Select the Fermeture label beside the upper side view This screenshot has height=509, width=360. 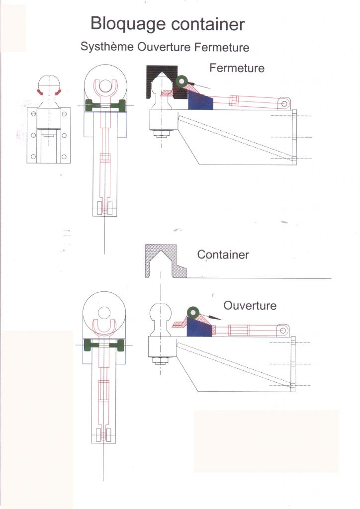pyautogui.click(x=237, y=68)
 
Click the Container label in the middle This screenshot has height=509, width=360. pyautogui.click(x=223, y=254)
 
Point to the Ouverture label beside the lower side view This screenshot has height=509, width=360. pyautogui.click(x=250, y=305)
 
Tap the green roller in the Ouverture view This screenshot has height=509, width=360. pyautogui.click(x=192, y=313)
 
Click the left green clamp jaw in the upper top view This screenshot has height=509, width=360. pyautogui.click(x=90, y=106)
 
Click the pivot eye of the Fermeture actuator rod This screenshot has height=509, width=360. pyautogui.click(x=284, y=103)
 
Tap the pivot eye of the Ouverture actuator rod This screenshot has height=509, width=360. pyautogui.click(x=283, y=330)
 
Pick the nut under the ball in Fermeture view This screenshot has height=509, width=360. pyautogui.click(x=161, y=134)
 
